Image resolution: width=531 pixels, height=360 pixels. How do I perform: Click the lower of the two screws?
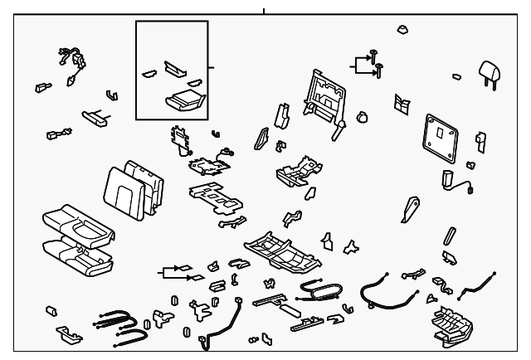click(379, 68)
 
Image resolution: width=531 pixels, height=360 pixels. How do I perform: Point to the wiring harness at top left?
click(71, 63)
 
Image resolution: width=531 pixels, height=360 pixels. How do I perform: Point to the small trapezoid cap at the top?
click(402, 29)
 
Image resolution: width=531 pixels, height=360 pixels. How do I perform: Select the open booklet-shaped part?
click(402, 104)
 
